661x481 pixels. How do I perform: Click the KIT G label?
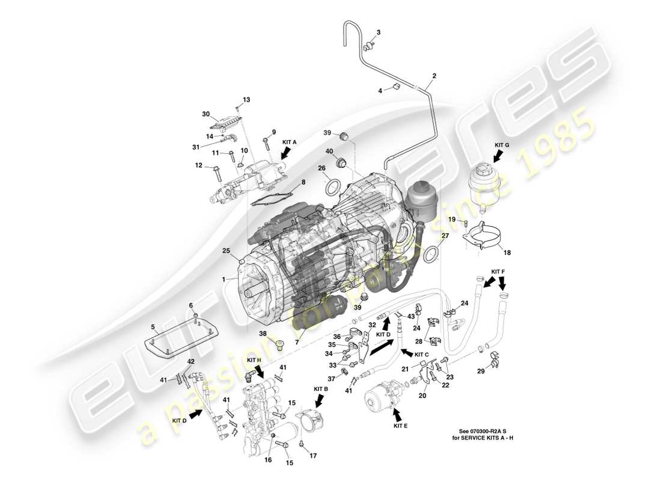[x=502, y=145]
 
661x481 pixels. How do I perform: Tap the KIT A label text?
[x=289, y=142]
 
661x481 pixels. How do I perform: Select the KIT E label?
[x=401, y=426]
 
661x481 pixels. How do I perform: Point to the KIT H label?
[x=254, y=360]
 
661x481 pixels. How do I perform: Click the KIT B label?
[x=320, y=389]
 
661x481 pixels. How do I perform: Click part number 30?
[x=206, y=114]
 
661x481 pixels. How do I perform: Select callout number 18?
[x=507, y=253]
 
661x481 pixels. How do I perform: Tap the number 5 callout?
[x=153, y=328]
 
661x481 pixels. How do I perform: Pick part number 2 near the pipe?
[x=434, y=76]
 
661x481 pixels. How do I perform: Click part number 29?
[x=481, y=372]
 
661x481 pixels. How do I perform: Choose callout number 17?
[x=312, y=455]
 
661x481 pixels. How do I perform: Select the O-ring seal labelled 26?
[x=332, y=187]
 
